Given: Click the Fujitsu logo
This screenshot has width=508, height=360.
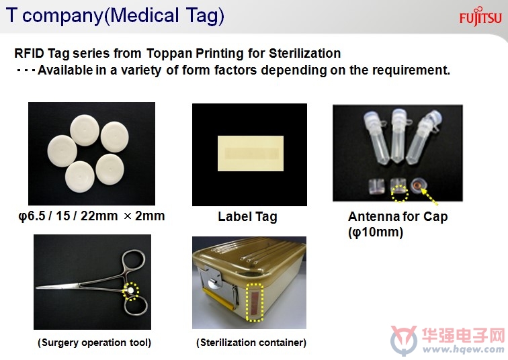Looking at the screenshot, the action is (480, 17).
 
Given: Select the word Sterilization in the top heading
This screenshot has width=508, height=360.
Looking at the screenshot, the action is (304, 53).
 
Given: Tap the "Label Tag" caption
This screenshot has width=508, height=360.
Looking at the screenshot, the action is (247, 217).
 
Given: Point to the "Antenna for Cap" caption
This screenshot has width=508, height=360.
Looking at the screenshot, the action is (398, 216).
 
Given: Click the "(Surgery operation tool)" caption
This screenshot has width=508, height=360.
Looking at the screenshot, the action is (94, 343).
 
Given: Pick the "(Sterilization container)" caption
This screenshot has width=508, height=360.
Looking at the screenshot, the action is (251, 343).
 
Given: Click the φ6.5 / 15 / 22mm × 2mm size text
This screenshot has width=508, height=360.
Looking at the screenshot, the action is (91, 216).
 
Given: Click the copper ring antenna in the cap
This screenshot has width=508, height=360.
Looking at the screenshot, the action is (417, 186).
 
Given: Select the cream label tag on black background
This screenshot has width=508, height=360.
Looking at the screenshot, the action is (251, 153).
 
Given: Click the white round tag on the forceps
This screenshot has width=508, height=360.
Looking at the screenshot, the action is (130, 291).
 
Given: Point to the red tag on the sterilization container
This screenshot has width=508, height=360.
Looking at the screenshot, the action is (254, 303).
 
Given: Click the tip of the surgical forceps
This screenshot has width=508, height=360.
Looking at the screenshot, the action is (36, 287).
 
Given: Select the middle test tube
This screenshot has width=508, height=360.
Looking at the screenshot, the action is (398, 135).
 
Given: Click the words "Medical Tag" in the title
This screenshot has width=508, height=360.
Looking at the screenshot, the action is (164, 15).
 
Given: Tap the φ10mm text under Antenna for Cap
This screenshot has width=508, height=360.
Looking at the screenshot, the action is (376, 232).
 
